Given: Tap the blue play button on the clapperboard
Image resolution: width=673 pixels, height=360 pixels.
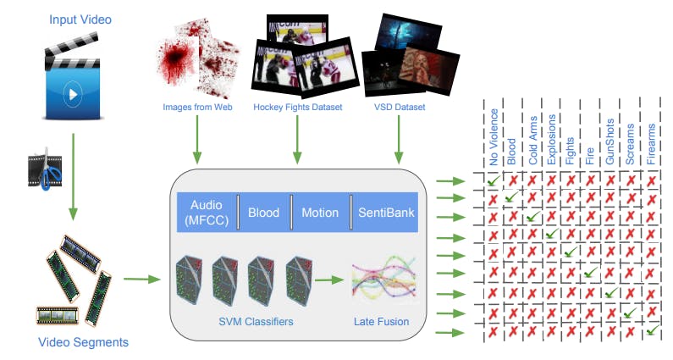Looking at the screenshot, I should tap(74, 93).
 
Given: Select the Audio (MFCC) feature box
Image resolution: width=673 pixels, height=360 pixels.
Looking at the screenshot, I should tap(207, 212).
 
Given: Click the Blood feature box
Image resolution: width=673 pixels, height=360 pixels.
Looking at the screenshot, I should tap(263, 213).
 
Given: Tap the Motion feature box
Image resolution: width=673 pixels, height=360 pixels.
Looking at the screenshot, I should tap(319, 213).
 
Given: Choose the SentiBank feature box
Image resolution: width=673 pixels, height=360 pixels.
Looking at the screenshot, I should tap(386, 213).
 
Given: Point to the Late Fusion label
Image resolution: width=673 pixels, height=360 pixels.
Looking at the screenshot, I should tap(381, 321).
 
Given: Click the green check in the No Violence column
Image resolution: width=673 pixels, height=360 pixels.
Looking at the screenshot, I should tap(492, 180).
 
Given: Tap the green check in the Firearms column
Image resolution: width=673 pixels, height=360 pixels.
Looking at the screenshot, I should tap(650, 332).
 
